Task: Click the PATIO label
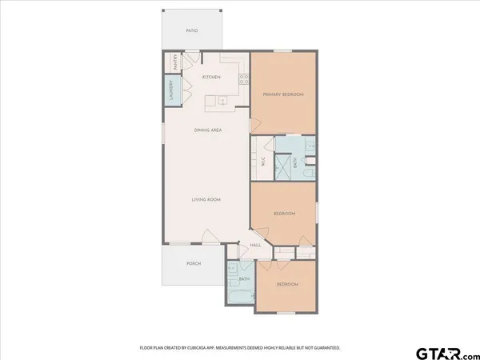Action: click(192, 30)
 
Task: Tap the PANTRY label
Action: click(174, 62)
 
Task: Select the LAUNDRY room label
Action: click(170, 91)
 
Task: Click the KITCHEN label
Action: click(211, 78)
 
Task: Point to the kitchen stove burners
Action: click(241, 78)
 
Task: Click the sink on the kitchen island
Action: click(222, 101)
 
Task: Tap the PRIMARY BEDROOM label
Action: click(283, 94)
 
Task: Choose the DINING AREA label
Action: click(207, 130)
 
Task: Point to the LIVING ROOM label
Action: click(206, 199)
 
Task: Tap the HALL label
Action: click(256, 245)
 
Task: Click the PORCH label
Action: click(193, 263)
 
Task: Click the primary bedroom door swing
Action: click(255, 126)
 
